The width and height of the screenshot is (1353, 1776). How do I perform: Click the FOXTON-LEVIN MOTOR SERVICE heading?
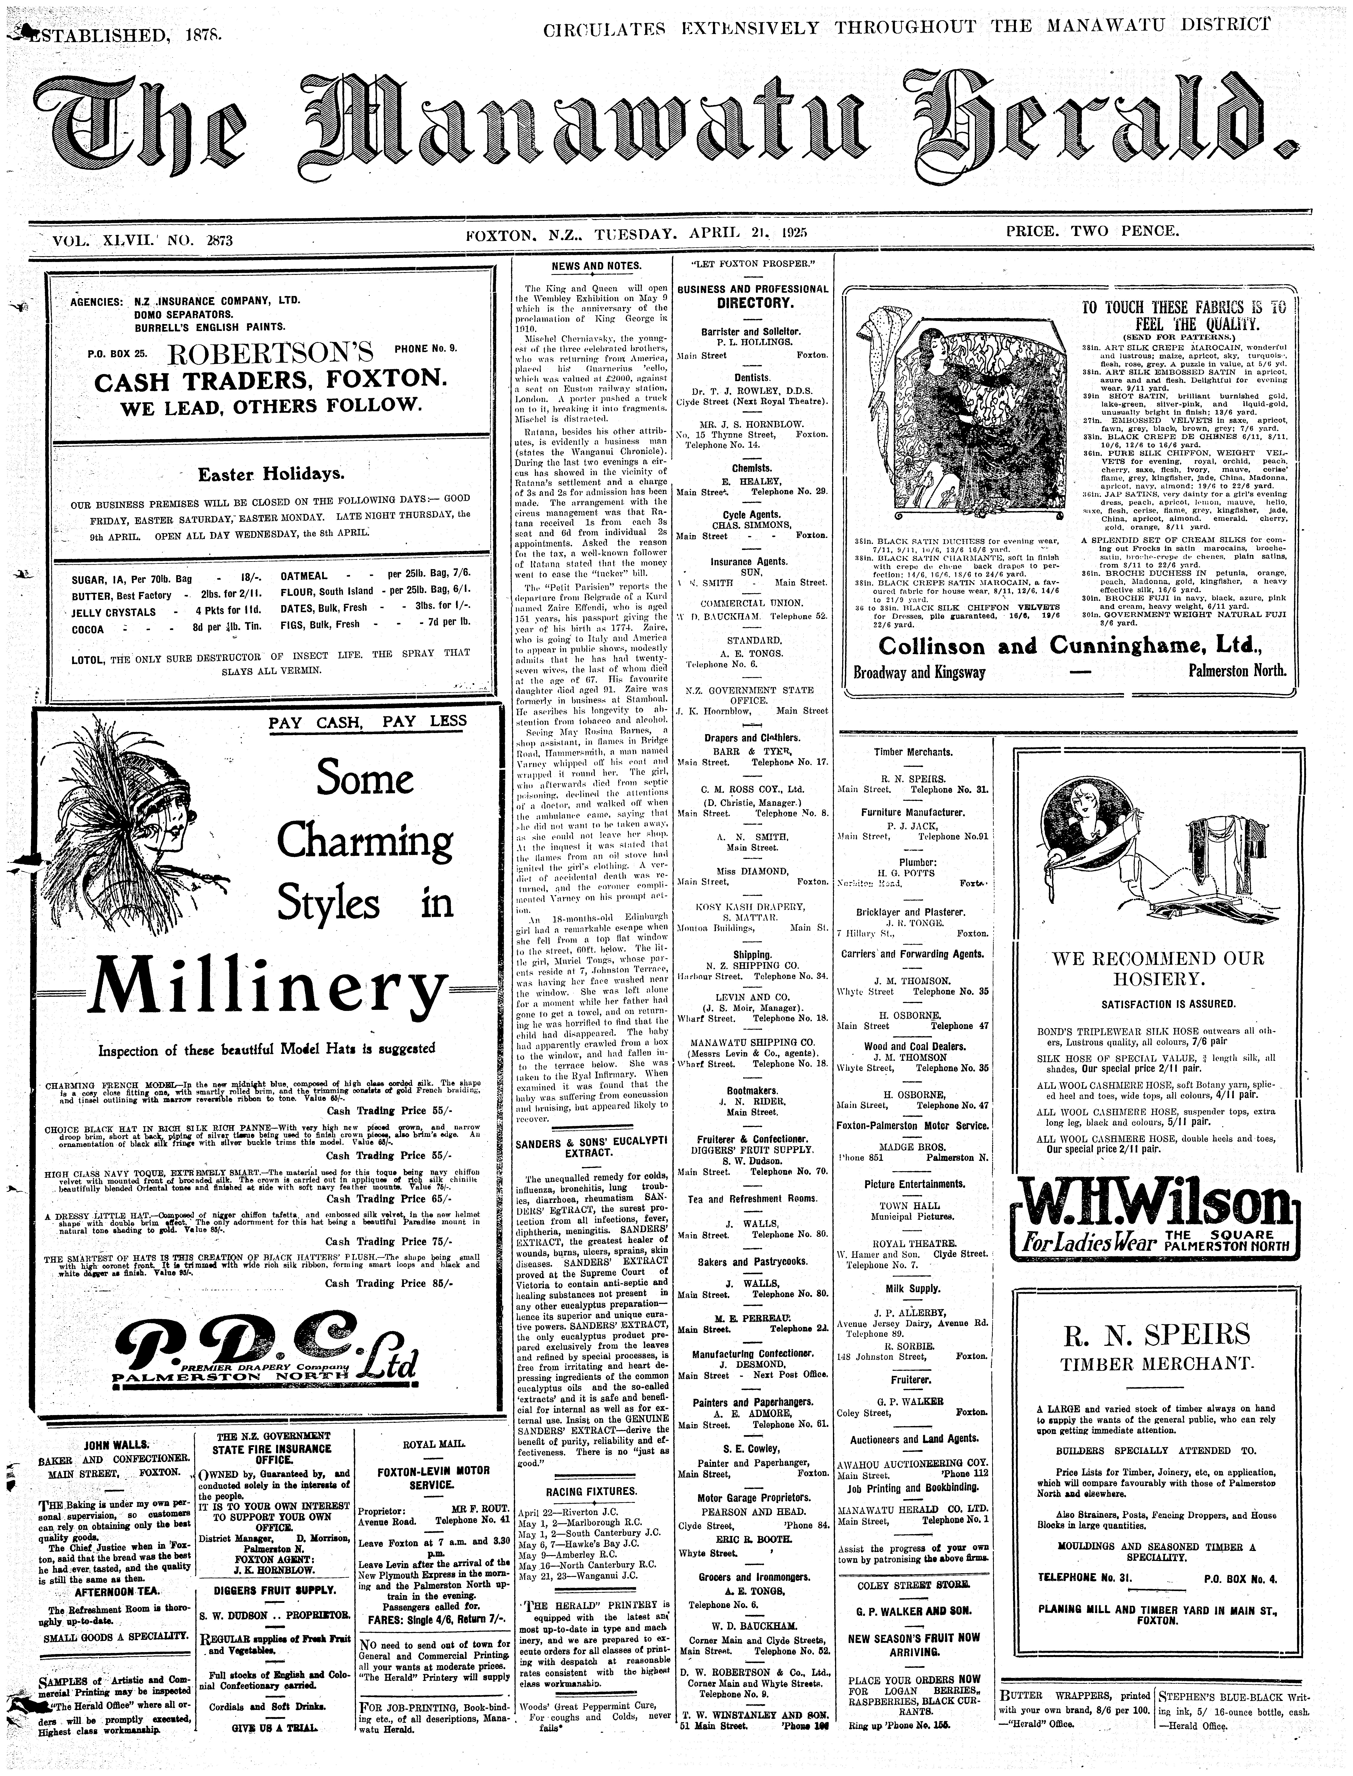pyautogui.click(x=433, y=1477)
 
